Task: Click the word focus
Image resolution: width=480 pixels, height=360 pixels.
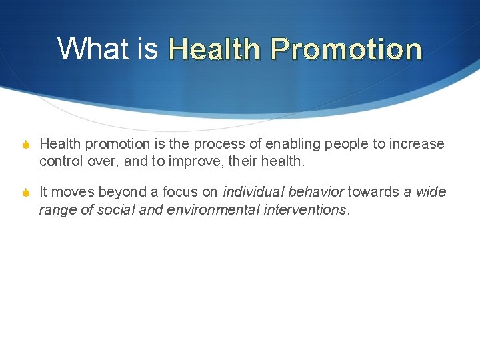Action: coord(179,192)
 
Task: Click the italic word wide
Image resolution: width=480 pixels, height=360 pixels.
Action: coord(431,192)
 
